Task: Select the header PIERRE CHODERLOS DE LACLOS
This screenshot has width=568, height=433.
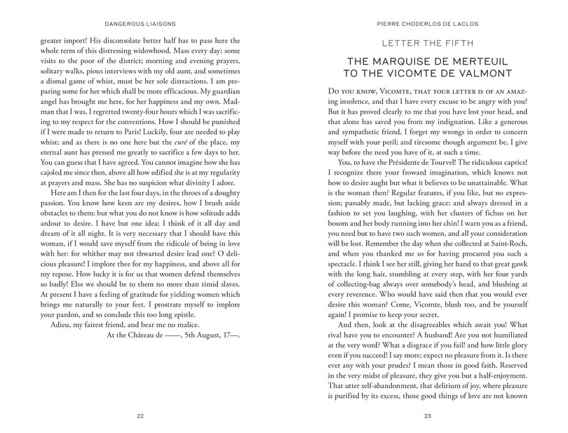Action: pyautogui.click(x=426, y=13)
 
